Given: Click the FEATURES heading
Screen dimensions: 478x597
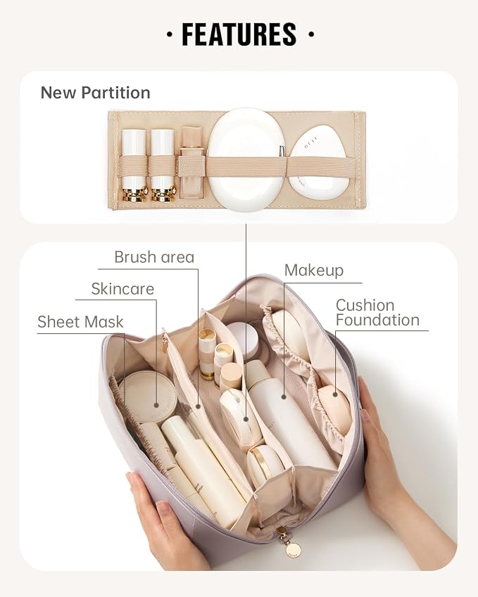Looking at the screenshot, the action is (239, 34).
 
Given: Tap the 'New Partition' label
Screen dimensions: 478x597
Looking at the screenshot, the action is (95, 93).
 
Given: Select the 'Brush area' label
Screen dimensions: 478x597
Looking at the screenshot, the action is (154, 257).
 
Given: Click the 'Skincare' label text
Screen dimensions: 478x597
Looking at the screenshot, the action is (122, 288).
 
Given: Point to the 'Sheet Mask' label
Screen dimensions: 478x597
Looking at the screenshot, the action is (80, 322).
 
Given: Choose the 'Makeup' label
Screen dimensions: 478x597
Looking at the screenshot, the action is (314, 270).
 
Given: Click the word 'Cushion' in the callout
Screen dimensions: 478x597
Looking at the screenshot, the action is (365, 305).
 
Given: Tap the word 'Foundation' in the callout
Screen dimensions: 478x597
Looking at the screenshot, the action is (377, 320).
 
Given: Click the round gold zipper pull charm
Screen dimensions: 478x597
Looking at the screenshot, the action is (293, 549).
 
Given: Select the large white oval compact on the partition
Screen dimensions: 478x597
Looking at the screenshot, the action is (246, 159).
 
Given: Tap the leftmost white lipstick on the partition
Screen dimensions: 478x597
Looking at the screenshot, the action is (134, 165).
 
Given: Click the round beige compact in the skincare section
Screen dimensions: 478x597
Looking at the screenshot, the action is (148, 397).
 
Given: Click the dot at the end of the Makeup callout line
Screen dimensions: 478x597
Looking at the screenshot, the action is (284, 397).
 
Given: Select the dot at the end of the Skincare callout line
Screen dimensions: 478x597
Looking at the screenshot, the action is (156, 406).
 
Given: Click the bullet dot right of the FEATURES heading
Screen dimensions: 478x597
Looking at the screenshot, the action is (311, 34).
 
